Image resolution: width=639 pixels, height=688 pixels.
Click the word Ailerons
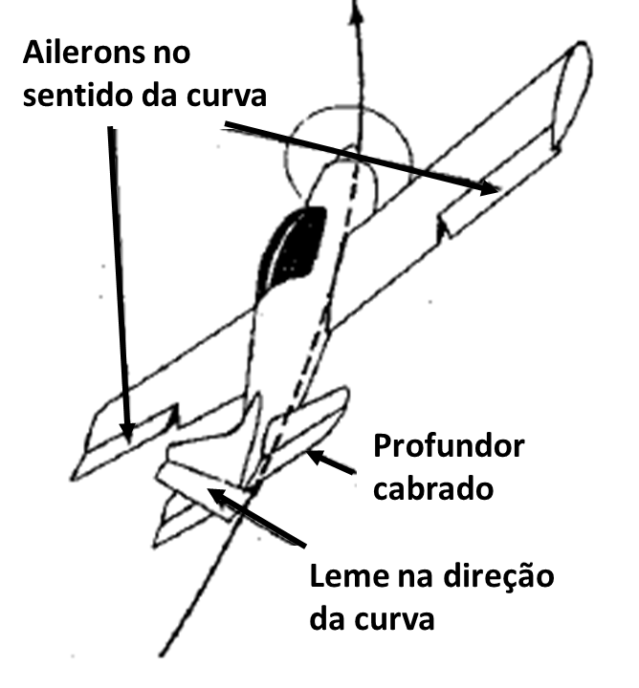pos(83,53)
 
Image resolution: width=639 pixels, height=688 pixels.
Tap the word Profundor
pos(449,446)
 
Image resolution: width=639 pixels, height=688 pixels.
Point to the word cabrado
pos(433,487)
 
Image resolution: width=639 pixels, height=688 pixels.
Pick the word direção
pos(498,575)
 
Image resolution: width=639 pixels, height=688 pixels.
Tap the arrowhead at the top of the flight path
pos(357,11)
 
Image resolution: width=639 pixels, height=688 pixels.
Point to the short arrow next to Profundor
pos(331,462)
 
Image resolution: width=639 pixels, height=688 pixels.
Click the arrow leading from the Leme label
pos(256,517)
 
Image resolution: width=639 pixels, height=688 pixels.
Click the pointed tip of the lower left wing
pos(73,479)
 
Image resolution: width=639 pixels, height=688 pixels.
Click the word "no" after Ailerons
pos(172,54)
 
